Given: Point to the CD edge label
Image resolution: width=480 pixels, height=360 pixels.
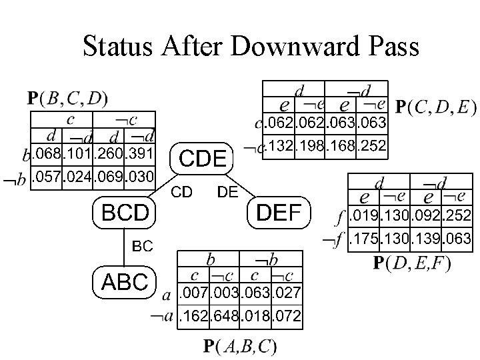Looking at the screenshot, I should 182,193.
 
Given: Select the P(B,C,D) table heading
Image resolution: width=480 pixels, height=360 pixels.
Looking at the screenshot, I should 69,98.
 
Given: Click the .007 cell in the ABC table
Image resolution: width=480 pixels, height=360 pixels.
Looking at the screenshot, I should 192,292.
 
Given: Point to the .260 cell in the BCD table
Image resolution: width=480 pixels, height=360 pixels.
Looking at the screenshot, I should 111,155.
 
